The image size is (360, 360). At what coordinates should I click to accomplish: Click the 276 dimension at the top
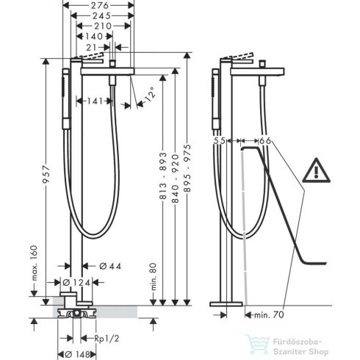click(x=101, y=5)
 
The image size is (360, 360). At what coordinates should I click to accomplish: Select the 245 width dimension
click(x=101, y=16)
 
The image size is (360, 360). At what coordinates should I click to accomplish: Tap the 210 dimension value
click(x=103, y=26)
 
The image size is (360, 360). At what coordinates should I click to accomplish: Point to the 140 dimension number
click(x=94, y=37)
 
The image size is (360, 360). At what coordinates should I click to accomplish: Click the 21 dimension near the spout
click(x=91, y=47)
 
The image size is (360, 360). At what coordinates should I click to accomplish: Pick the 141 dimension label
click(x=95, y=101)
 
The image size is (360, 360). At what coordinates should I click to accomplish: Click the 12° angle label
click(x=150, y=93)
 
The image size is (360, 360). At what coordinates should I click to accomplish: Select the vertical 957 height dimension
click(x=46, y=175)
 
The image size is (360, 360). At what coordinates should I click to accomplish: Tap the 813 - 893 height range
click(x=163, y=175)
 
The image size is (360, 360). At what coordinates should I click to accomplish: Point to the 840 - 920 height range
click(x=175, y=179)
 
